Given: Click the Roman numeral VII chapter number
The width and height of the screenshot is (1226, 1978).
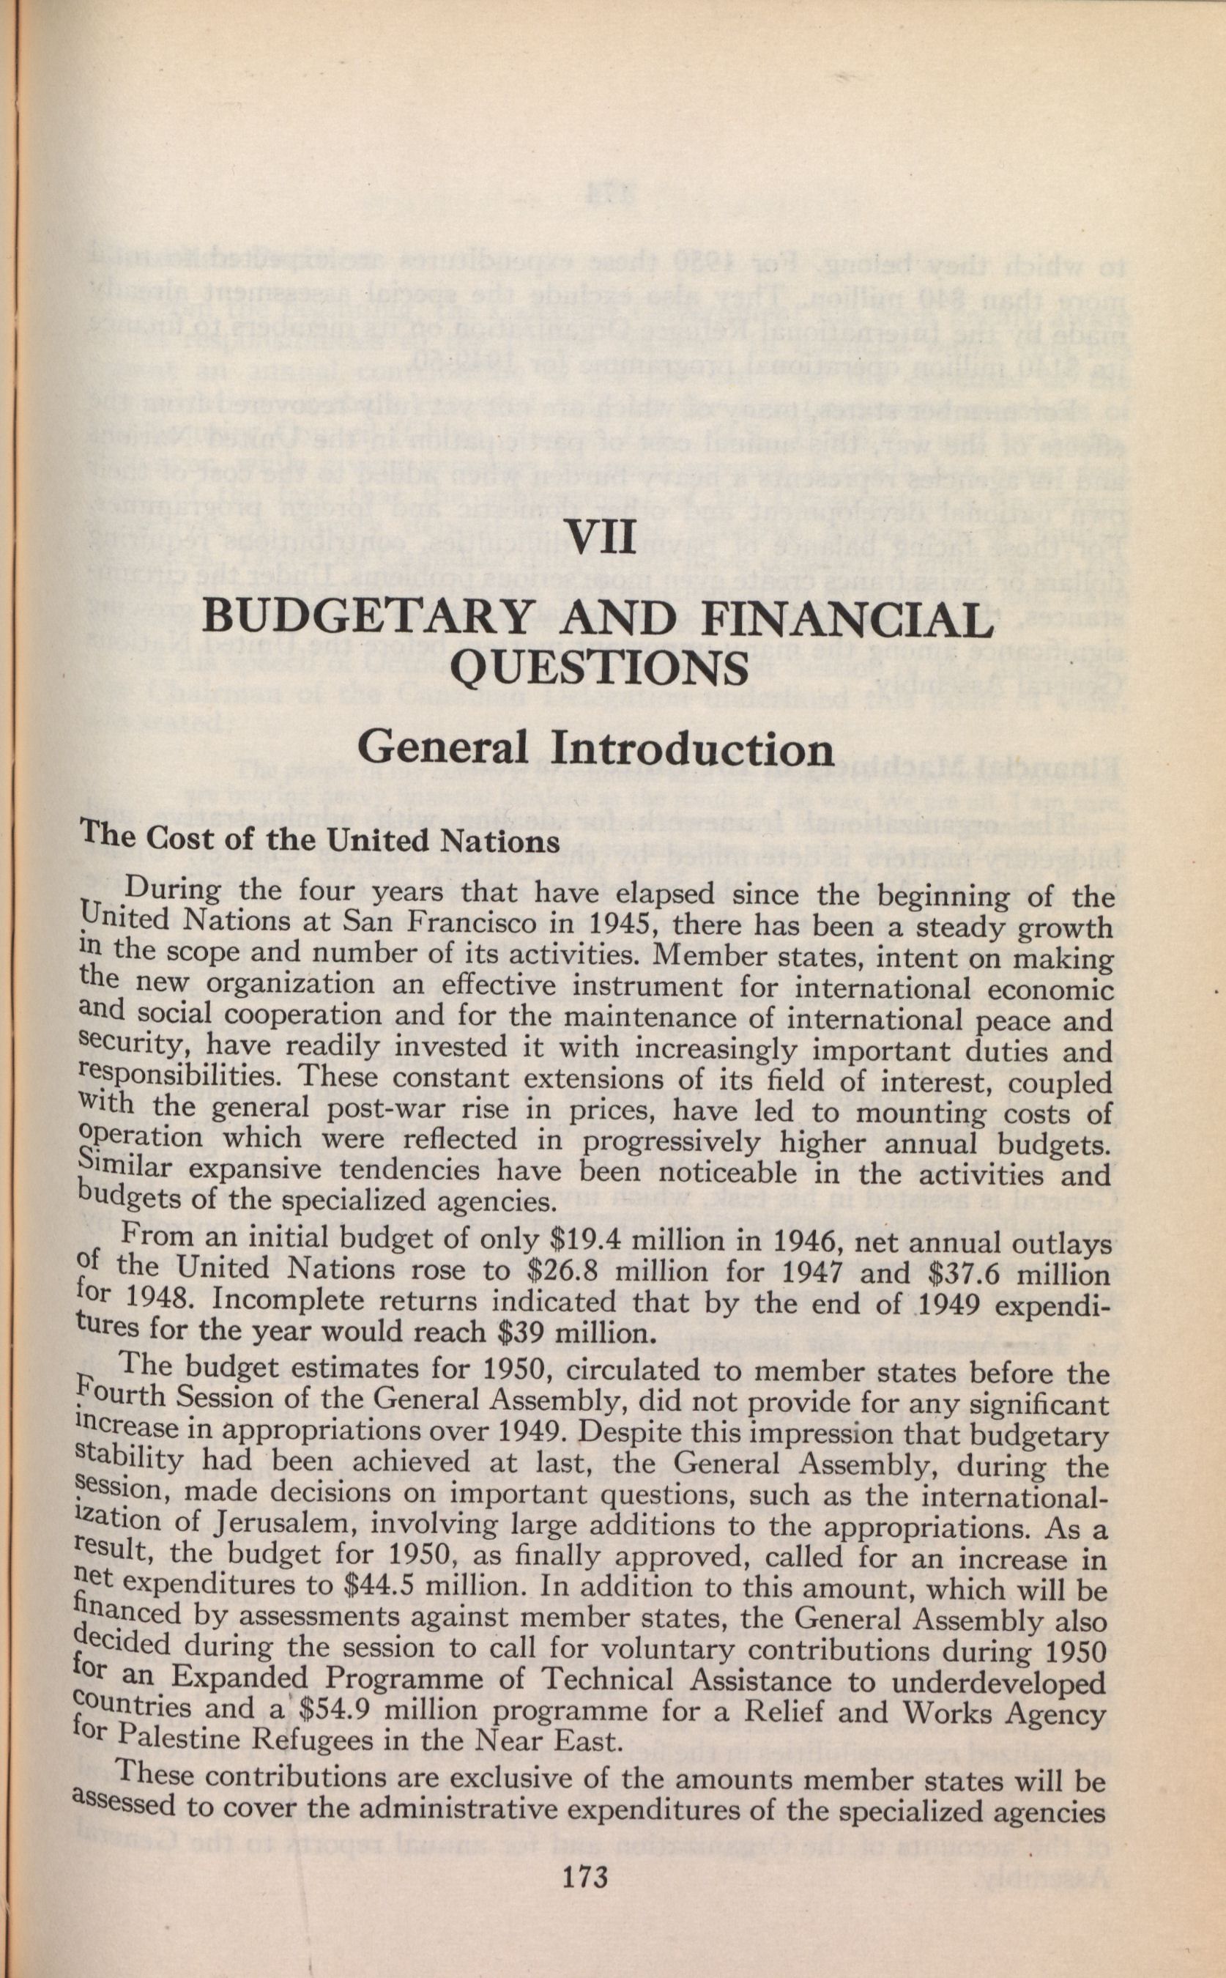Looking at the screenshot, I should coord(601,537).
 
